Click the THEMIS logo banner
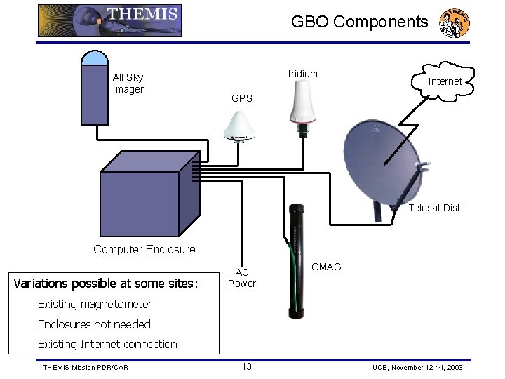109,20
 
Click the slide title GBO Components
359,22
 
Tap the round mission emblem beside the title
454,22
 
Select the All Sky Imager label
128,84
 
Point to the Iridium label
302,74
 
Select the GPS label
242,98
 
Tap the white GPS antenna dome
241,126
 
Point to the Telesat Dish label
436,208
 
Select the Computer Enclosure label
144,249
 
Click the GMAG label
325,267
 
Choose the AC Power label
242,278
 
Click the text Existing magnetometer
95,304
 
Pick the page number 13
247,366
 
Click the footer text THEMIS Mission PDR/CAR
86,367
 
